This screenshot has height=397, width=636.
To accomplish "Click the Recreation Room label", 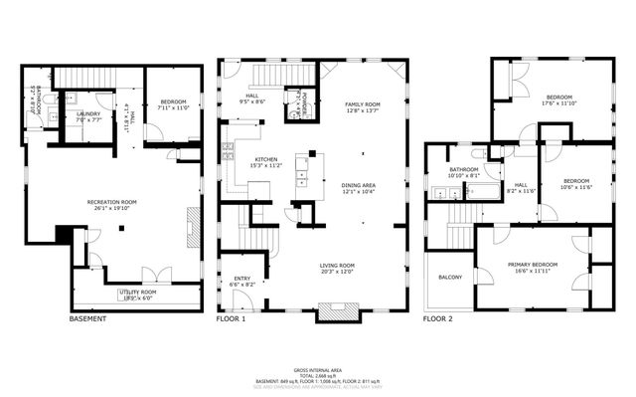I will tap(111, 205).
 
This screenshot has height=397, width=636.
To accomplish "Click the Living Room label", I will tap(338, 268).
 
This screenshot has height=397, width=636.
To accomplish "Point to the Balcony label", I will tap(449, 277).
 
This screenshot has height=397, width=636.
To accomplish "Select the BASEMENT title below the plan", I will tap(87, 319).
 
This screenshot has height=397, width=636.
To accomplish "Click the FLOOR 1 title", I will tap(231, 319).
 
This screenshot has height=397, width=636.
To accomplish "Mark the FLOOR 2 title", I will tap(437, 319).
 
